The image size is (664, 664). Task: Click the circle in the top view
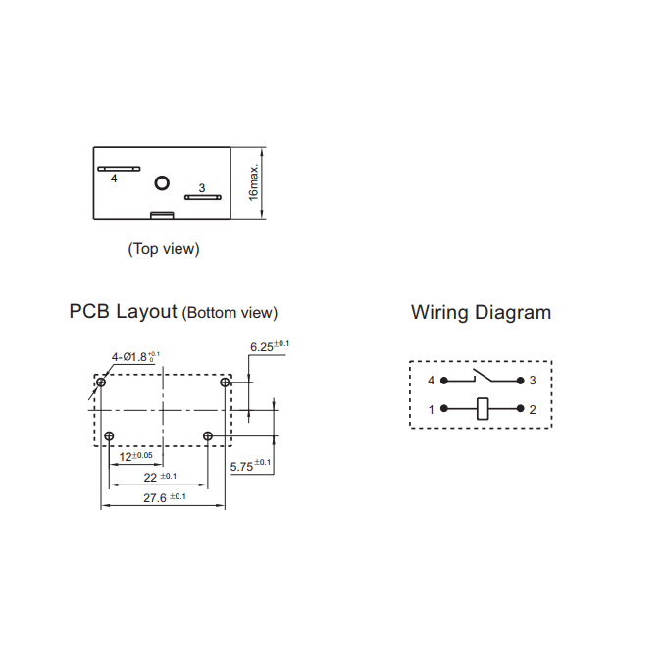163,182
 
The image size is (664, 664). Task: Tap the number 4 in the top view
114,179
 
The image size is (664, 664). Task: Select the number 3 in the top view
202,187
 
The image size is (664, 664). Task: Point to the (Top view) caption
164,249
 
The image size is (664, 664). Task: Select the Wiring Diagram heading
481,312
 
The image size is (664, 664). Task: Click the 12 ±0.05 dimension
135,457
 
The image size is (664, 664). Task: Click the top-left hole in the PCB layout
101,383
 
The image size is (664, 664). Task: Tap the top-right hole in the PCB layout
226,383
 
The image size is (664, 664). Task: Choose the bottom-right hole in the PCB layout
207,435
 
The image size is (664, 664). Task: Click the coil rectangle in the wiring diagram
482,409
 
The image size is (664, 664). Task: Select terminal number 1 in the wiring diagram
431,410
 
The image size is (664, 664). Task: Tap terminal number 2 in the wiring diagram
533,410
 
